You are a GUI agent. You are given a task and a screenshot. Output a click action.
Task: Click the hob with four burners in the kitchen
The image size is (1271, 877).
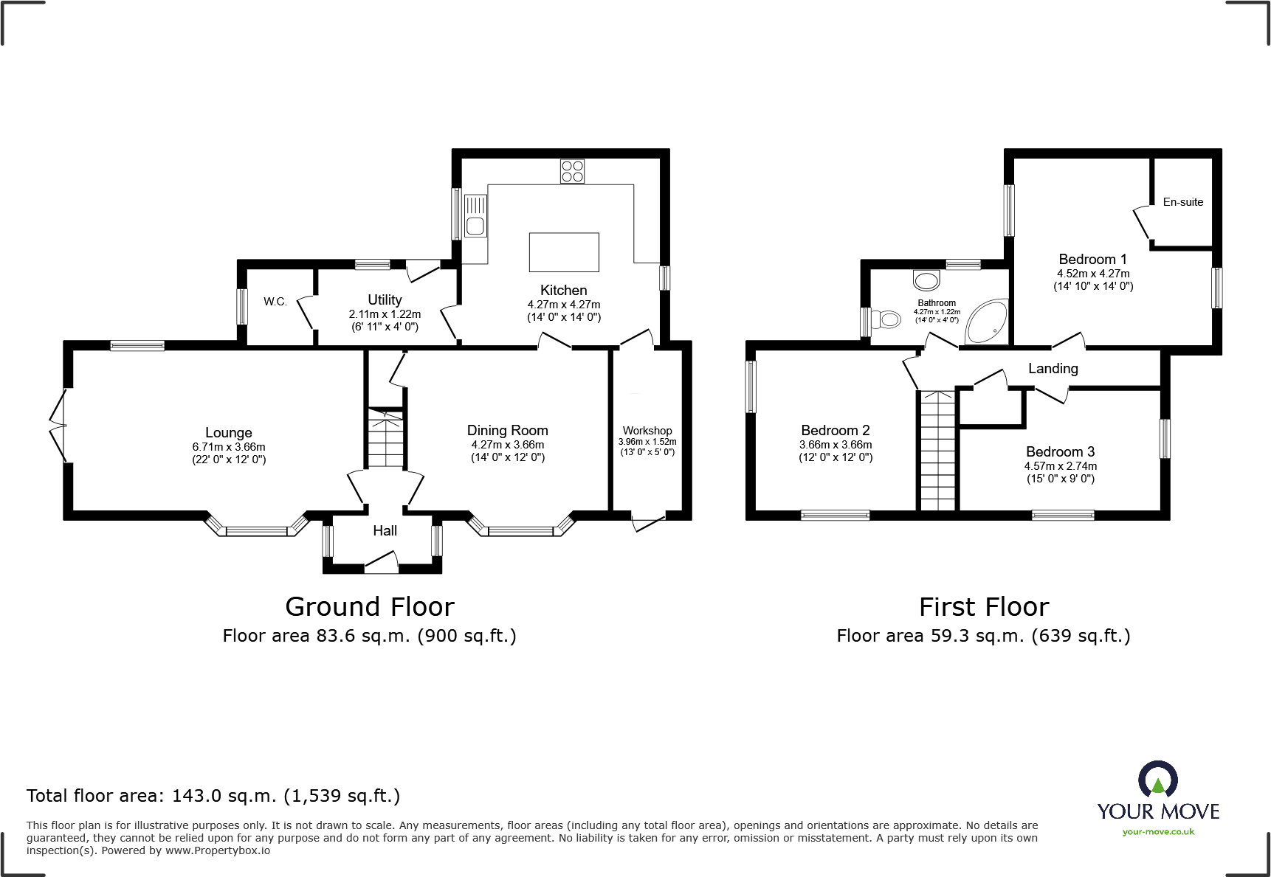pyautogui.click(x=572, y=171)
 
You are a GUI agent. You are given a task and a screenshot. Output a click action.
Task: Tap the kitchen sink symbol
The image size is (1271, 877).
pyautogui.click(x=475, y=215)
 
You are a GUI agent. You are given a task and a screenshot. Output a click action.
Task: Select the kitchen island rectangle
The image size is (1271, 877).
pyautogui.click(x=564, y=252)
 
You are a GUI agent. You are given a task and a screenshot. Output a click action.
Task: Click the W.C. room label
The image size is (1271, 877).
pyautogui.click(x=275, y=302)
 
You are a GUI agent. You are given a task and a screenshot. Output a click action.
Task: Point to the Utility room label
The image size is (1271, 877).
pyautogui.click(x=385, y=299)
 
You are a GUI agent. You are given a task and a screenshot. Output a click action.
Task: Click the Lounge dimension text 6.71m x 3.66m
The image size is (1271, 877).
pyautogui.click(x=229, y=447)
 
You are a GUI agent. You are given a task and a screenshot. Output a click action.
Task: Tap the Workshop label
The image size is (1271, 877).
pyautogui.click(x=647, y=430)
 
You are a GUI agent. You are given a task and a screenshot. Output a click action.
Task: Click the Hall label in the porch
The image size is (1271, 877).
pyautogui.click(x=385, y=530)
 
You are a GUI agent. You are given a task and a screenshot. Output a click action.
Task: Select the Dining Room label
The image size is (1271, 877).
pyautogui.click(x=508, y=430)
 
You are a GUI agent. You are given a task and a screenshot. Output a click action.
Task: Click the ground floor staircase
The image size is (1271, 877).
pyautogui.click(x=385, y=438)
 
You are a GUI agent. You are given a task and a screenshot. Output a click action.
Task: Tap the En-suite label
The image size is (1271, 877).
pyautogui.click(x=1182, y=202)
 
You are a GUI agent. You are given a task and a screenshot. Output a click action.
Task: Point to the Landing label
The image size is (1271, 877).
pyautogui.click(x=1053, y=368)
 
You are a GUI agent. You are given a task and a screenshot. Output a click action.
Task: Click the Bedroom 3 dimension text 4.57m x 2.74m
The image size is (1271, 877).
pyautogui.click(x=1060, y=466)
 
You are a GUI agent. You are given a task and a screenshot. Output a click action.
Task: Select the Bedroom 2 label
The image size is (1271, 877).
pyautogui.click(x=836, y=430)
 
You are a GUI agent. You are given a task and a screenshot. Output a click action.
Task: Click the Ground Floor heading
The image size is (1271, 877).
pyautogui.click(x=369, y=607)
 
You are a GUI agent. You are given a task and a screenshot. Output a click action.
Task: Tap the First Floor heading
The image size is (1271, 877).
pyautogui.click(x=983, y=607)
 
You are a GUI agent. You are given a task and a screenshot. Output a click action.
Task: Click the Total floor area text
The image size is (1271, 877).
pyautogui.click(x=213, y=796)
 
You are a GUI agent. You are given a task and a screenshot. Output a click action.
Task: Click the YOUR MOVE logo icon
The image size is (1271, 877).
pyautogui.click(x=1157, y=780)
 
